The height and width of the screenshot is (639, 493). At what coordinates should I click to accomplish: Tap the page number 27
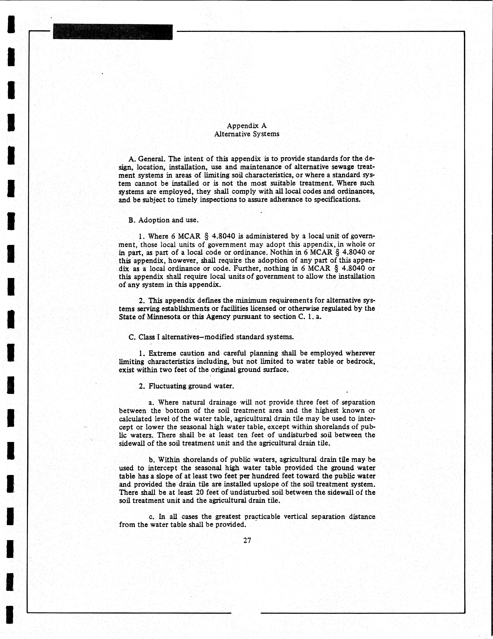click(247, 540)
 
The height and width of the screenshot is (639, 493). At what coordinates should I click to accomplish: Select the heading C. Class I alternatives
click(211, 337)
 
